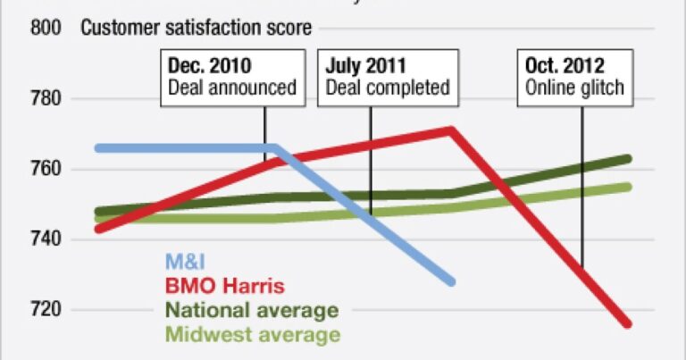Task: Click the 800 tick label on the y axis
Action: [46, 28]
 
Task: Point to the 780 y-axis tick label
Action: [46, 98]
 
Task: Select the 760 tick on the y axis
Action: [46, 169]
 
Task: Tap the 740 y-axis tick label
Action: [46, 239]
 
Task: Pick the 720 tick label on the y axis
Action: [46, 310]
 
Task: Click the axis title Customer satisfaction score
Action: [197, 28]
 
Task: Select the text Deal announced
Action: [232, 88]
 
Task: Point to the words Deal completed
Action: [387, 88]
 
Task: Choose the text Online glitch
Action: [573, 88]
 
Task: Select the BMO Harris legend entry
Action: [224, 287]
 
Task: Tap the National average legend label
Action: [252, 311]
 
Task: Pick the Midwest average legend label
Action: [253, 335]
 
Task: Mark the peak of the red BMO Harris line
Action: [452, 130]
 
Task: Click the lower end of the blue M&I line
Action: [452, 281]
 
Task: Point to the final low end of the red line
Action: [628, 323]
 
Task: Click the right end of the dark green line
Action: [629, 159]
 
